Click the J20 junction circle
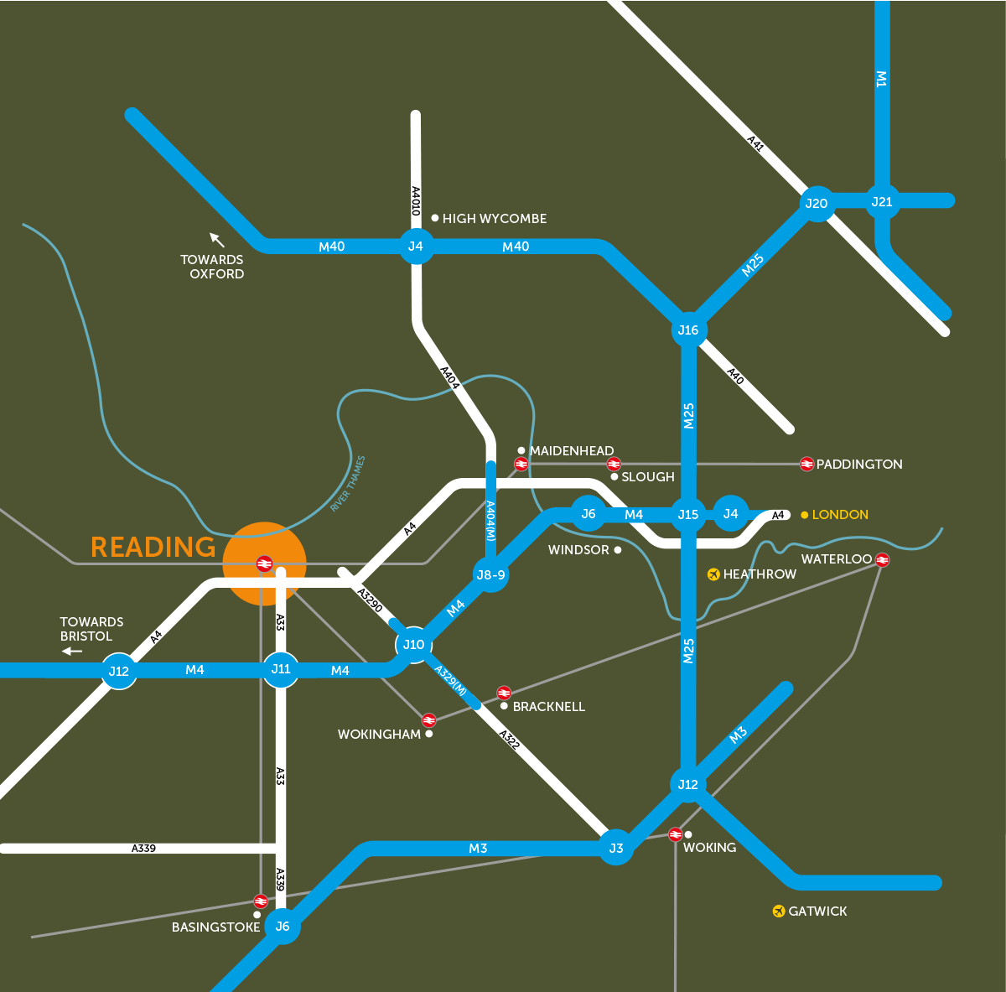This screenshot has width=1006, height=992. click(x=816, y=203)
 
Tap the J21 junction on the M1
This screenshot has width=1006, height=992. click(x=882, y=201)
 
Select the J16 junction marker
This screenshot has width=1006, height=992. click(x=688, y=330)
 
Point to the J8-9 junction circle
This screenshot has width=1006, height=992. click(x=490, y=574)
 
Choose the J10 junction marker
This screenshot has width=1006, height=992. click(x=413, y=644)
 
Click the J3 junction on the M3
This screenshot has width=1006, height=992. click(x=616, y=848)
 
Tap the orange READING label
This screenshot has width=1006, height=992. click(x=153, y=547)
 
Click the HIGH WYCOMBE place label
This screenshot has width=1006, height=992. click(x=494, y=218)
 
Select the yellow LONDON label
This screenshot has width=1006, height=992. click(x=840, y=514)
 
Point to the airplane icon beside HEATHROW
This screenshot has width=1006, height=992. click(x=713, y=574)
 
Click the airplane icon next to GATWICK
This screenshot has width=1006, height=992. click(x=779, y=911)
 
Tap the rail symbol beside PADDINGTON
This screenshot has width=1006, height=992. click(x=806, y=464)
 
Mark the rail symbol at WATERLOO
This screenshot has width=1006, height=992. click(x=882, y=559)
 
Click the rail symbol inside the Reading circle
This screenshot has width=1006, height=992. click(x=264, y=564)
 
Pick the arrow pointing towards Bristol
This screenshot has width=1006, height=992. click(x=72, y=651)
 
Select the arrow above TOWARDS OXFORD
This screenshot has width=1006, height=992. click(x=217, y=240)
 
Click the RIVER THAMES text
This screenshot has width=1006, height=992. click(x=348, y=484)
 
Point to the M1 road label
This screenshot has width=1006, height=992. click(x=881, y=79)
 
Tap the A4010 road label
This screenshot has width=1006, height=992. click(x=415, y=201)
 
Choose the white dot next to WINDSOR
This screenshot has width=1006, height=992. click(x=618, y=550)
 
